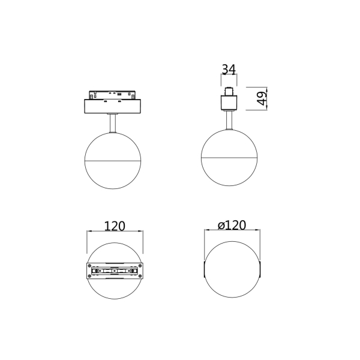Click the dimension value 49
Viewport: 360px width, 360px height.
pos(262,99)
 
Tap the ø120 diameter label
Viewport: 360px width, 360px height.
pos(232,226)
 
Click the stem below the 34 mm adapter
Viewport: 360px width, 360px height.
pos(229,121)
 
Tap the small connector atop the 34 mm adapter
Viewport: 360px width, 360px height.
pos(229,92)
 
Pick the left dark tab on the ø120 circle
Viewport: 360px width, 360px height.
pos(204,271)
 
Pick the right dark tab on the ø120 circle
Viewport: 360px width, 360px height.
pos(261,271)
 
